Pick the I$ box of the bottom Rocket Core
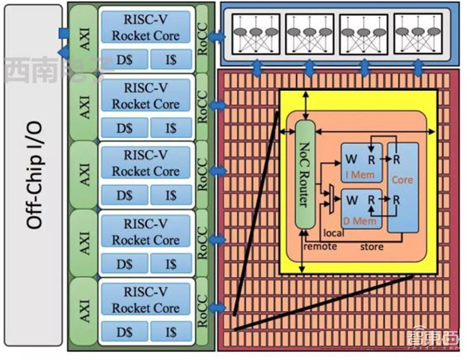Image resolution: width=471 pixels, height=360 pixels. click(171, 331)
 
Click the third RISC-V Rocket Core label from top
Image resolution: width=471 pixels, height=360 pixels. click(146, 163)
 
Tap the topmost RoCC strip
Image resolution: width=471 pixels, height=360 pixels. click(203, 37)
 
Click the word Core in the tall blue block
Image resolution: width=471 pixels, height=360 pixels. click(403, 180)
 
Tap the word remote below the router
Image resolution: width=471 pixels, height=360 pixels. click(320, 245)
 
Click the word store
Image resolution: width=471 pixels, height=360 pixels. click(372, 245)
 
